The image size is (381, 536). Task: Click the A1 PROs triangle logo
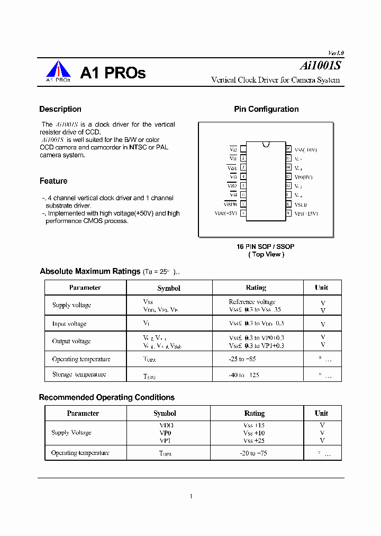tap(58, 70)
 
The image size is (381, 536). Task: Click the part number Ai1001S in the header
tap(321, 66)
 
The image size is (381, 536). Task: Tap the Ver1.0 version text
tap(336, 53)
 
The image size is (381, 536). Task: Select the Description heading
tap(60, 109)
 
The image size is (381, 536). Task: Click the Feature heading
tap(53, 181)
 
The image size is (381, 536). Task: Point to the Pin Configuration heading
tap(266, 109)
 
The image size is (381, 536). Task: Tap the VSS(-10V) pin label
tap(305, 150)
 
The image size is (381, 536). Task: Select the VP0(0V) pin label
tap(304, 177)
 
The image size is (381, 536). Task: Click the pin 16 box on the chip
tap(288, 149)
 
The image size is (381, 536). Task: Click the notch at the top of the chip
tap(266, 144)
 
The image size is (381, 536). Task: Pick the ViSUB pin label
tap(230, 204)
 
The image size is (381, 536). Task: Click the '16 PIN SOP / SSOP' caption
tap(266, 247)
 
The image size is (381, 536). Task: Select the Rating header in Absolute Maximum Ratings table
tap(256, 288)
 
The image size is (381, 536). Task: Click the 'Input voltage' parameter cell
tap(69, 324)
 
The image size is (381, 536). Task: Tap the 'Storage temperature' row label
tap(79, 374)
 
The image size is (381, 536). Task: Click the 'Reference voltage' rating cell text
tap(252, 301)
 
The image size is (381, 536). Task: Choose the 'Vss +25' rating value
tap(254, 441)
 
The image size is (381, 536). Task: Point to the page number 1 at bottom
tap(190, 496)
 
